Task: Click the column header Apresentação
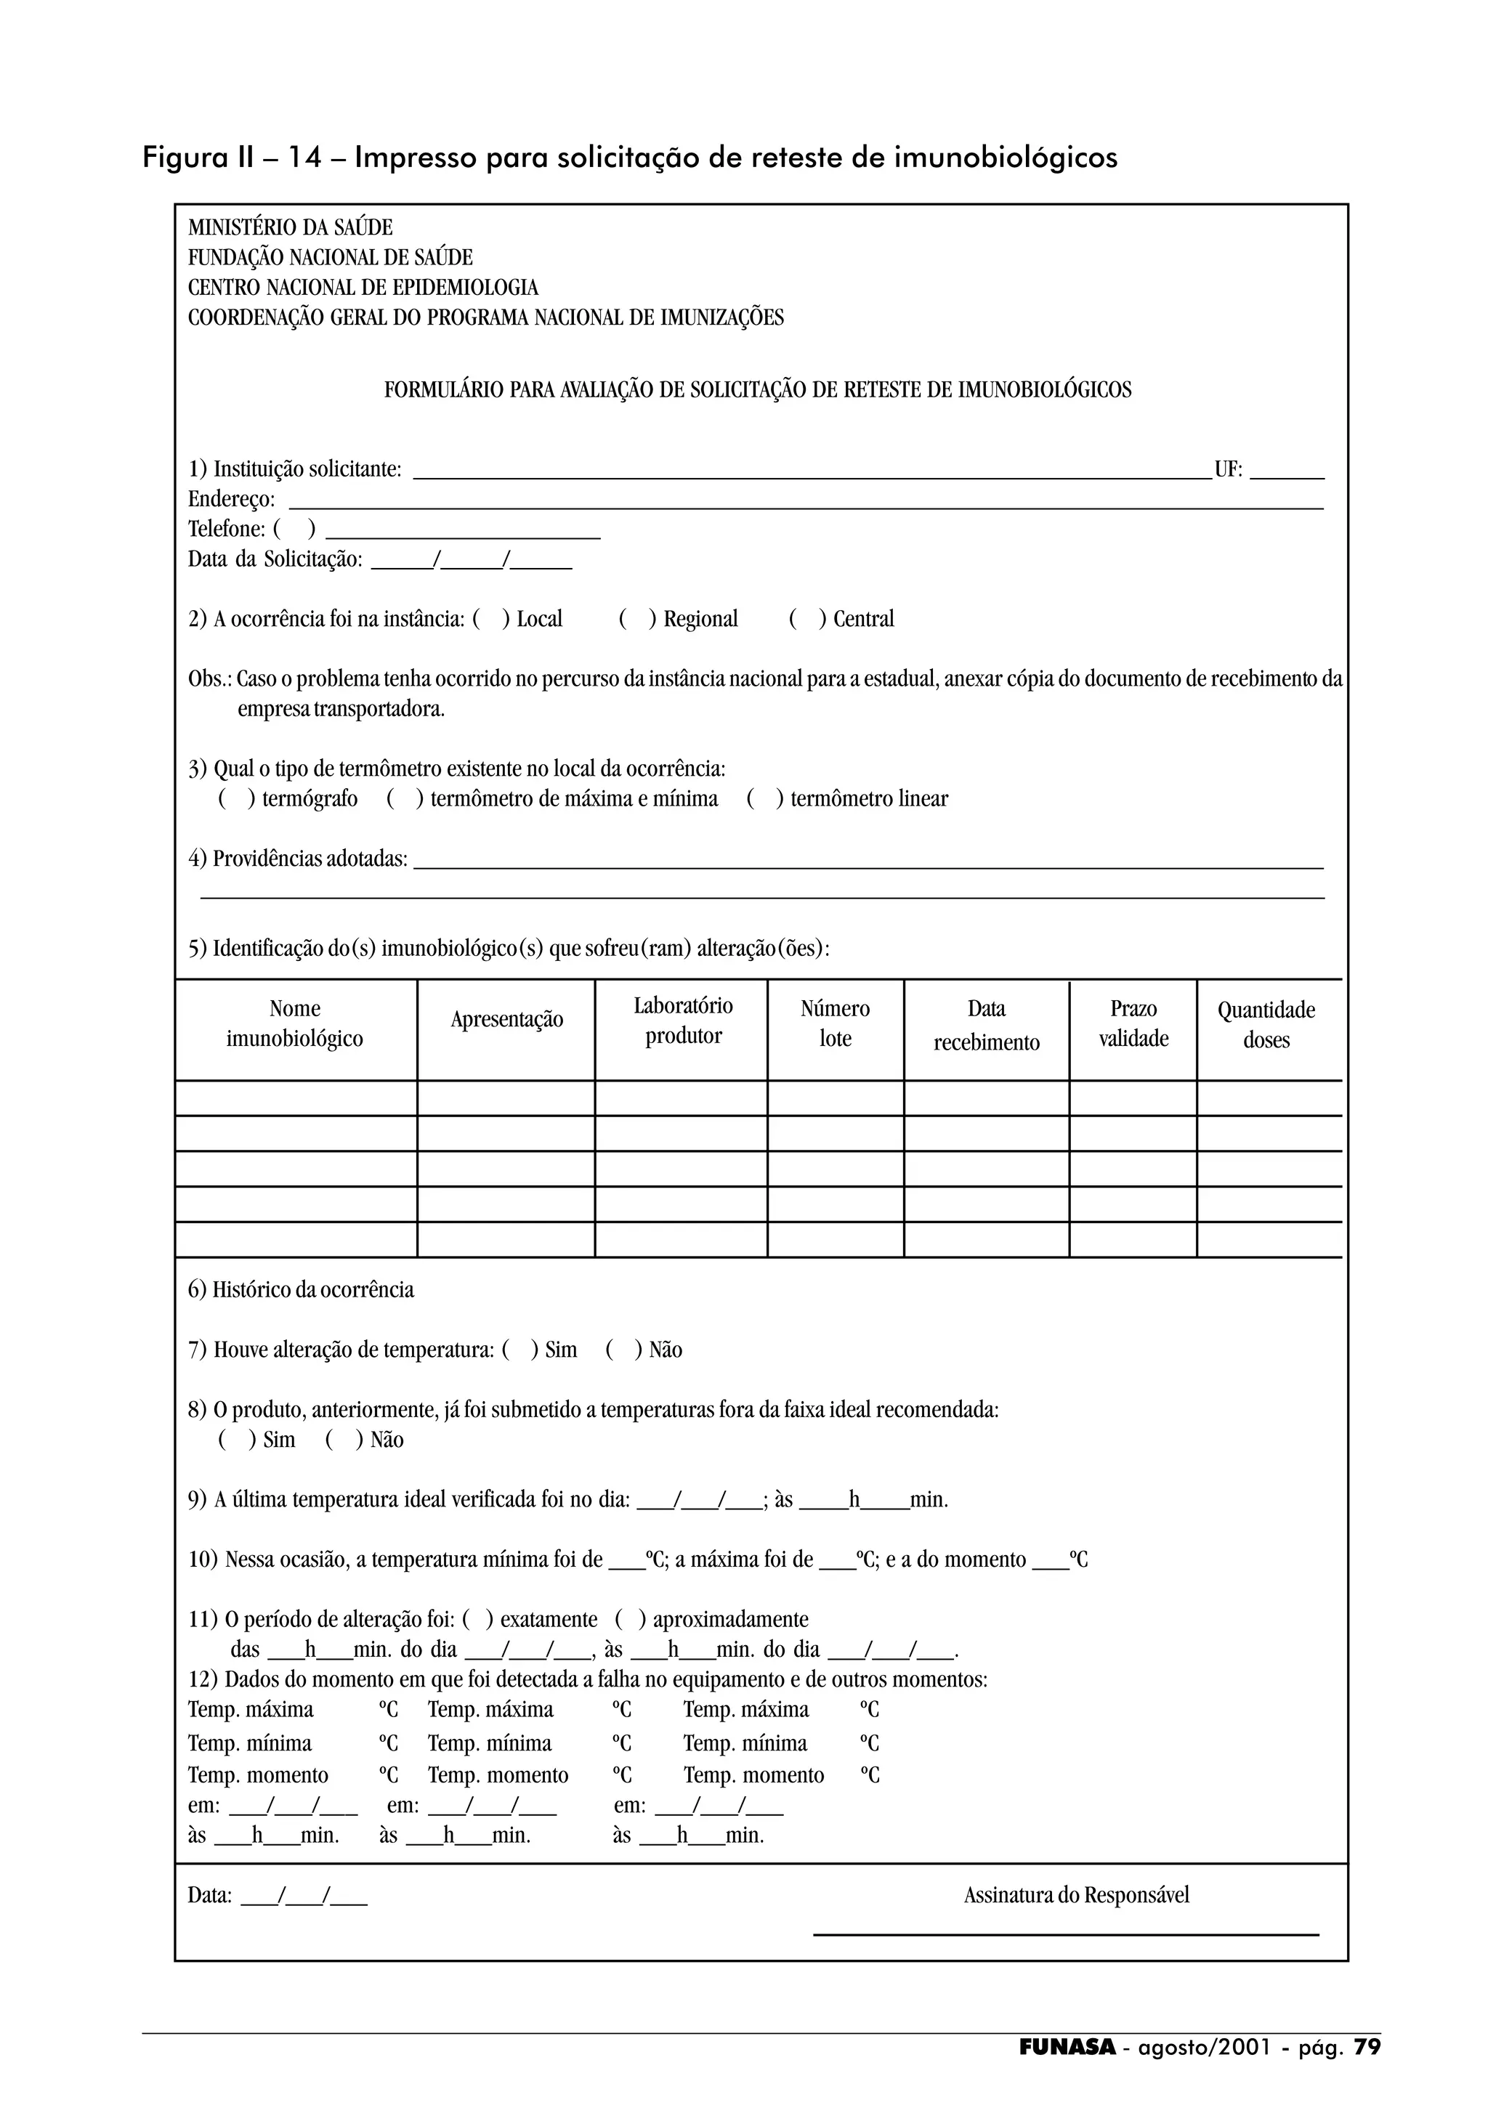[x=506, y=1020]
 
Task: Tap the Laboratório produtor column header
[x=683, y=1021]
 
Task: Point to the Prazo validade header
[x=1133, y=1023]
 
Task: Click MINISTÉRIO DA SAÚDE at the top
[x=290, y=227]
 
